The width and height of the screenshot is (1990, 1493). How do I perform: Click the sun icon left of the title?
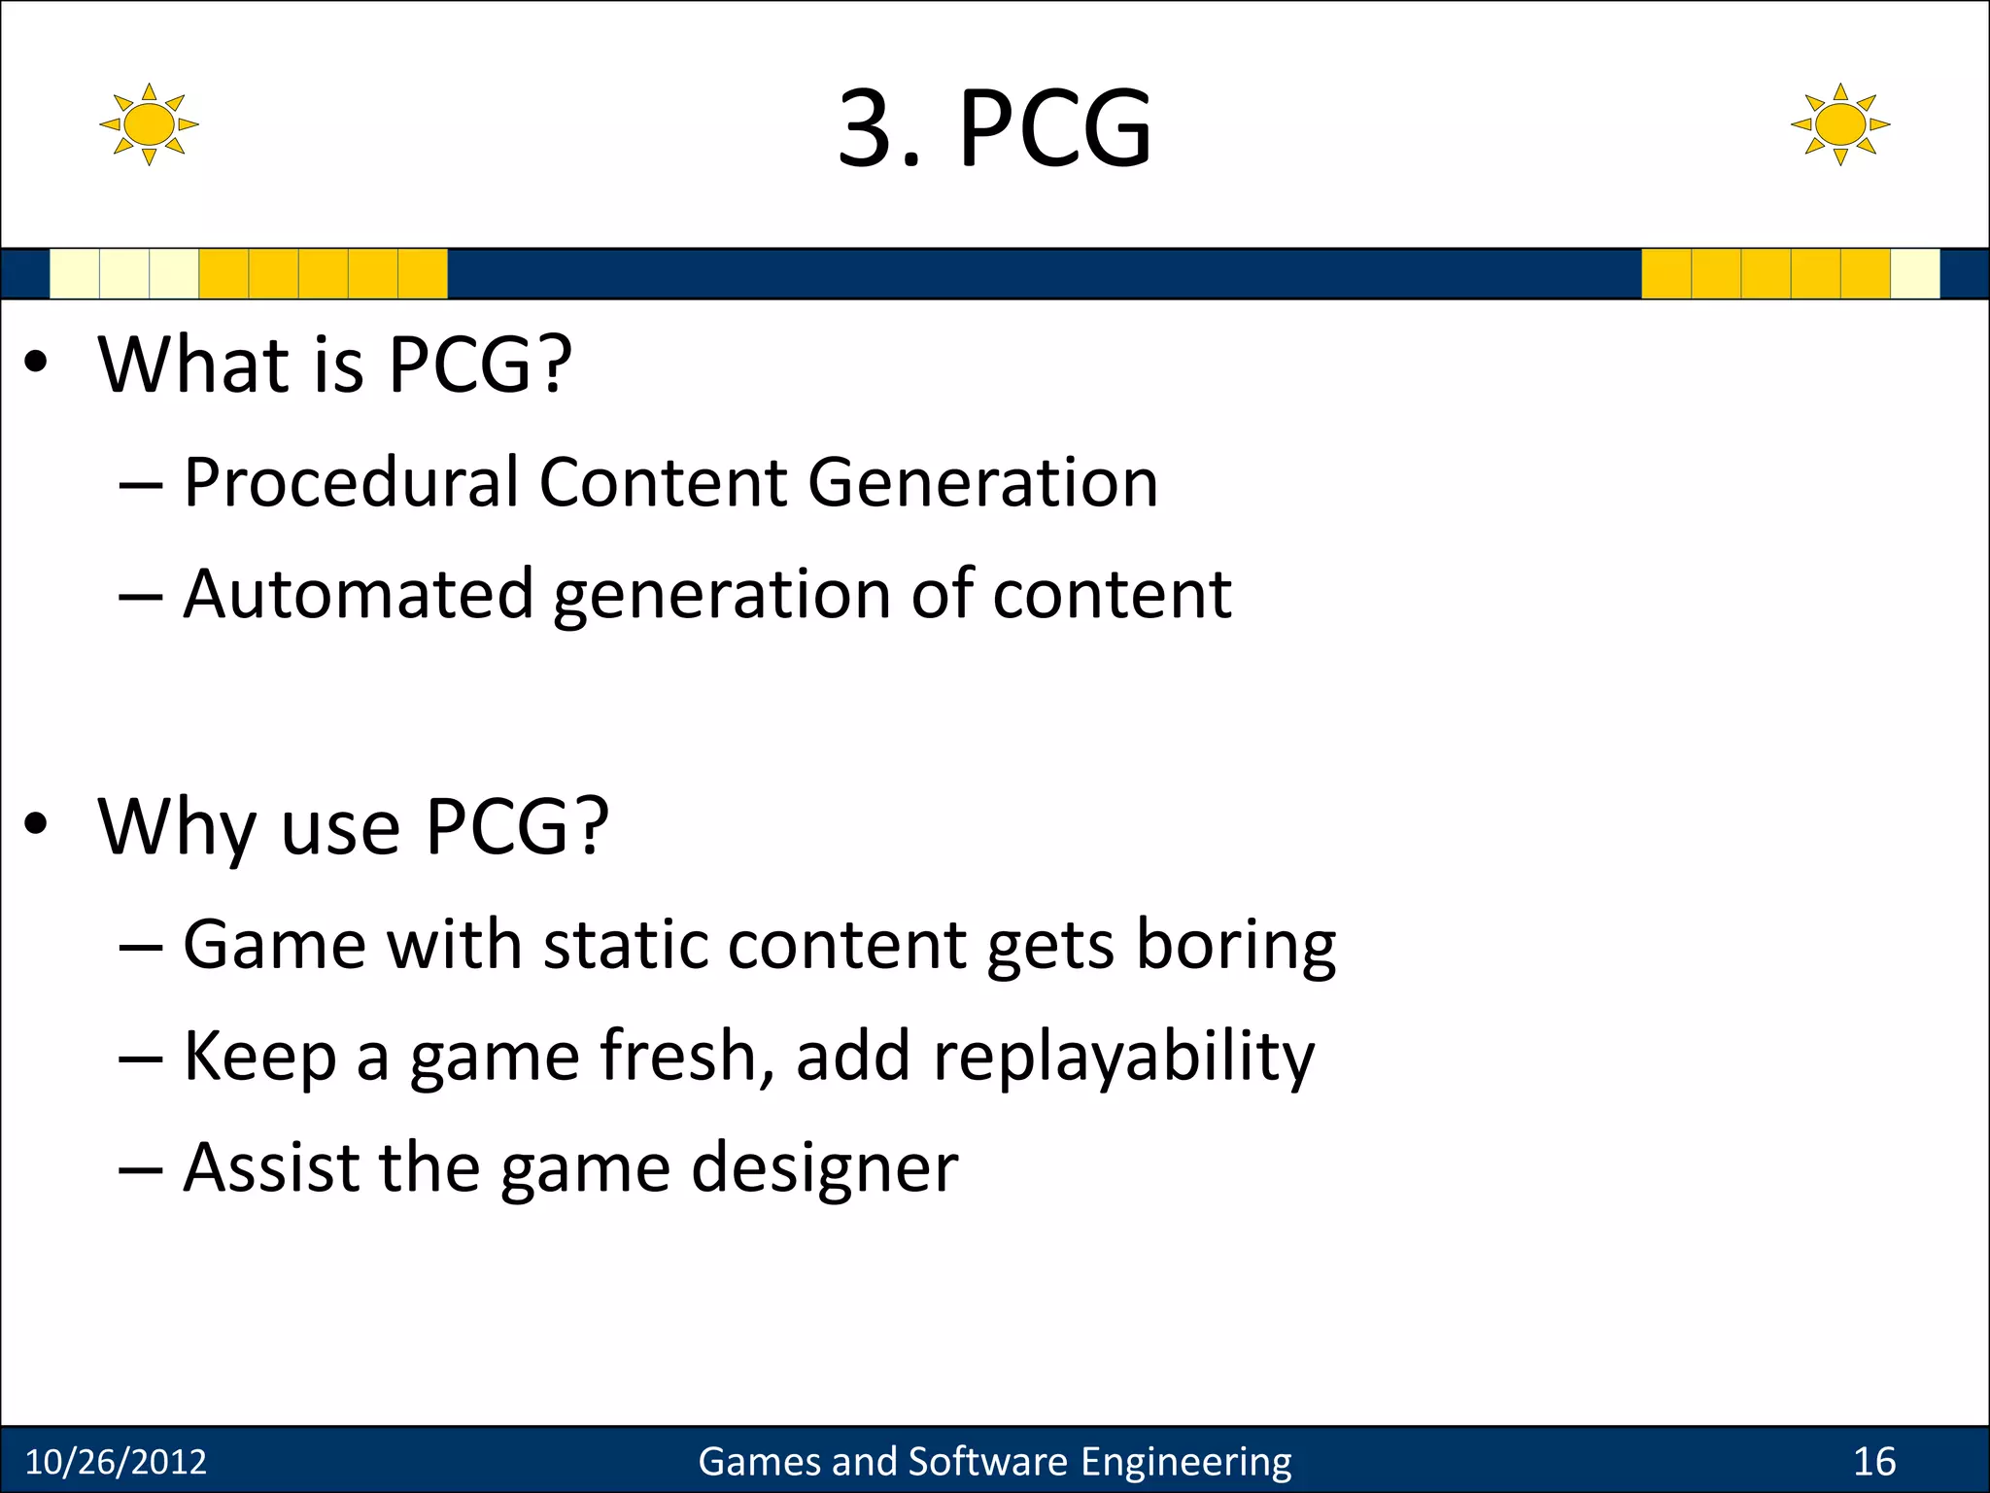(149, 124)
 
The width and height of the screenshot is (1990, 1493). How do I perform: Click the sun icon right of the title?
(1839, 124)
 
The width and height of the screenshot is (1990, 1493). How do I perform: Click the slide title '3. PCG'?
(994, 128)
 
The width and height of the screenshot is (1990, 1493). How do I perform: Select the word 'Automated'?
(359, 594)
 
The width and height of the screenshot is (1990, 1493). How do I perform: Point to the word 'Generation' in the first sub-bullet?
(982, 482)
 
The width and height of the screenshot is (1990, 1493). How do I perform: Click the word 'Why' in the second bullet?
(178, 828)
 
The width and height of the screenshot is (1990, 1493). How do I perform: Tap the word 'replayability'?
(1123, 1058)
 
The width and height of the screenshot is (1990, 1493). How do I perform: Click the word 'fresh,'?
(688, 1056)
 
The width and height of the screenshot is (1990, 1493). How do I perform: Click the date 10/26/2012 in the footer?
(116, 1462)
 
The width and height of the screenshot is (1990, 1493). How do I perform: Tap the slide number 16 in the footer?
(1874, 1462)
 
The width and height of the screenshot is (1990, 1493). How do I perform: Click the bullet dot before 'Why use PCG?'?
(36, 825)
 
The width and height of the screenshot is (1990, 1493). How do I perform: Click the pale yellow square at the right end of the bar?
(1914, 274)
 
